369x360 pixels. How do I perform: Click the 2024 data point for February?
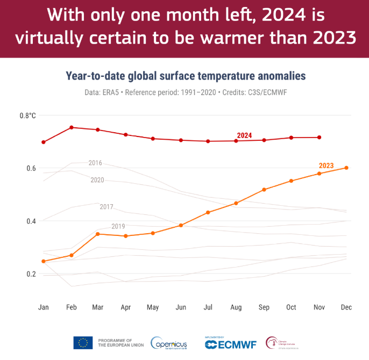(x=71, y=127)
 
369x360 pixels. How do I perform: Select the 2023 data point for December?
(x=346, y=168)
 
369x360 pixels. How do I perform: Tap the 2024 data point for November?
(x=319, y=137)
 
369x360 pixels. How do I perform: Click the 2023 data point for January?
(x=44, y=261)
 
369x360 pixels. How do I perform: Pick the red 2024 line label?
(x=245, y=135)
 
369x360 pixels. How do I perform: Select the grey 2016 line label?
(x=95, y=163)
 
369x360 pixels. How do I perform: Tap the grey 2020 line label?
(x=97, y=180)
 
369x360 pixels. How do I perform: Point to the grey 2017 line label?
(x=107, y=207)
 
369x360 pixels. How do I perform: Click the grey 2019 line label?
(x=118, y=226)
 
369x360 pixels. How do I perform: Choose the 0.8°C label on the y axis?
(x=27, y=116)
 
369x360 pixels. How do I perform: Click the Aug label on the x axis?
(x=236, y=307)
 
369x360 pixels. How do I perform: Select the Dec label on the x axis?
(x=346, y=307)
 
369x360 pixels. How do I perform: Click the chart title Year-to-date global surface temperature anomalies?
(x=186, y=76)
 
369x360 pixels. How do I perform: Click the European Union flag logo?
(x=83, y=342)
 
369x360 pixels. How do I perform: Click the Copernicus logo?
(x=169, y=343)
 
